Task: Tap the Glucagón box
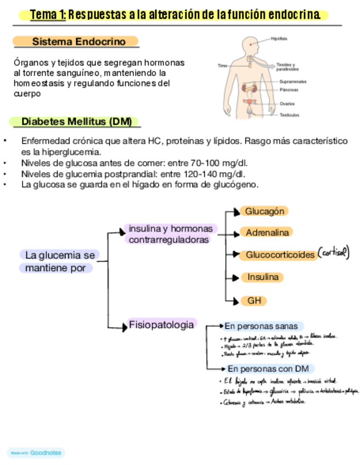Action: tap(265, 211)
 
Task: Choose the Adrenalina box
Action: tap(267, 232)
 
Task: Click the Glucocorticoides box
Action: tap(280, 255)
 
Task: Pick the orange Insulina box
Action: tap(263, 277)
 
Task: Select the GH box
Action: tap(254, 301)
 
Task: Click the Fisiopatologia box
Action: tap(161, 325)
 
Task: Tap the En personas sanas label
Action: tap(261, 326)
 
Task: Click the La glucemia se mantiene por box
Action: tap(60, 262)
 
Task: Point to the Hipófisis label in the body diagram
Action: tap(279, 38)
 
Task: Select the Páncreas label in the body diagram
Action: tap(289, 89)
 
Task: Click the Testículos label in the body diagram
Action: tap(289, 115)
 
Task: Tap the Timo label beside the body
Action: tap(222, 65)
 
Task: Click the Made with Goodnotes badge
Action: tap(36, 453)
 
